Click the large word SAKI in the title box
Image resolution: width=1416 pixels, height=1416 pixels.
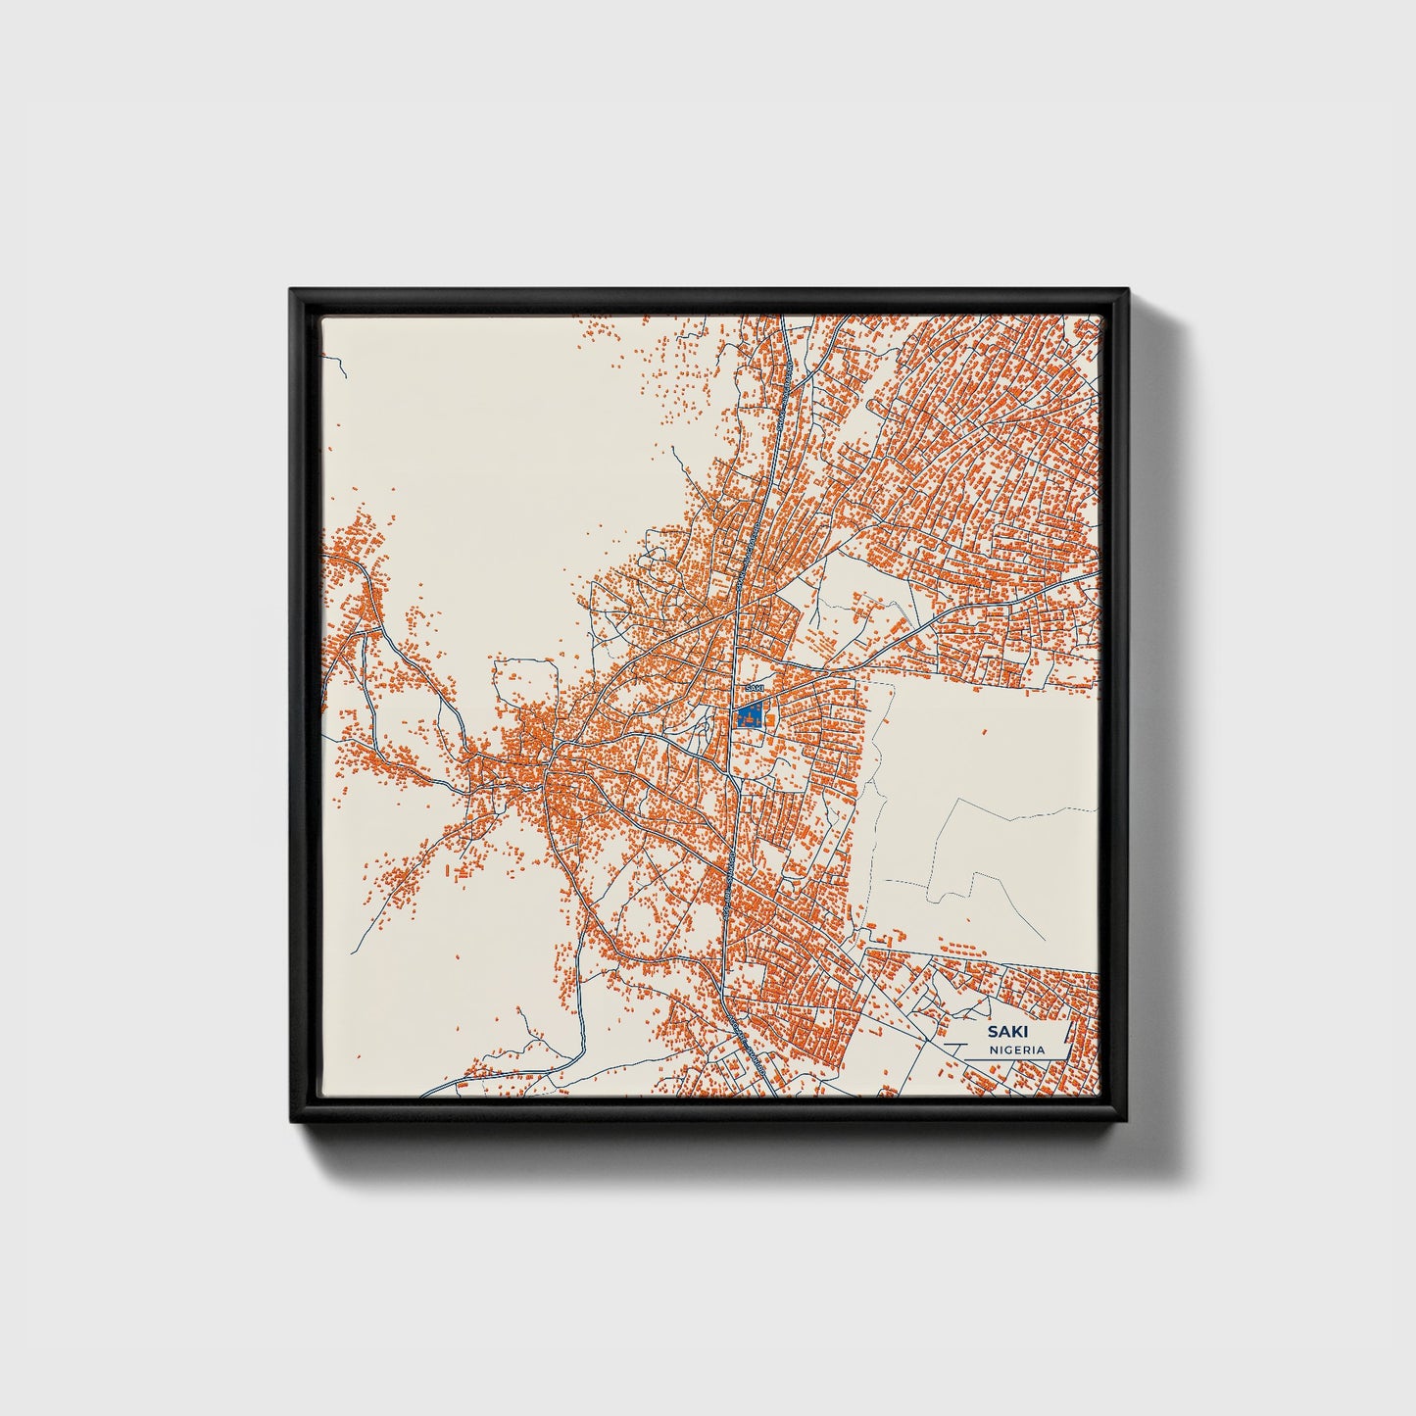pos(1001,1032)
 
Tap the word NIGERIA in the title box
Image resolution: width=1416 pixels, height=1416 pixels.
pos(1016,1050)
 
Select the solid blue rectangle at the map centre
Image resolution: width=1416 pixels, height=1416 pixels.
pos(751,715)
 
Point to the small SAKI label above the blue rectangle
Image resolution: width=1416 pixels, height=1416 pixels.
pos(753,689)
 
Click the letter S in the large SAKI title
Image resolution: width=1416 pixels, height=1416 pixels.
pos(991,1032)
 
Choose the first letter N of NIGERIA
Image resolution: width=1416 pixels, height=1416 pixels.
pos(993,1050)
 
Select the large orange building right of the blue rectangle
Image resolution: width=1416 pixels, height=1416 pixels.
pos(770,721)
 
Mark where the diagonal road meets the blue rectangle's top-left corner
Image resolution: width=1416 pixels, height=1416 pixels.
pos(738,704)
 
